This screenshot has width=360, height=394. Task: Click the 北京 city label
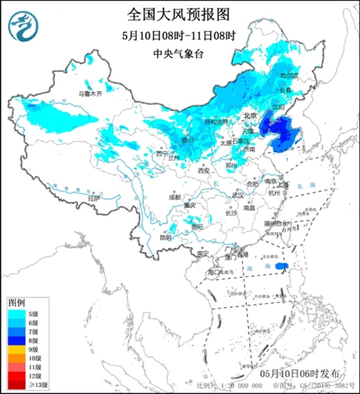point(250,115)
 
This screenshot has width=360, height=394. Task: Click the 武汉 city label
point(237,195)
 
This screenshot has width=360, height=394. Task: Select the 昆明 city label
point(165,237)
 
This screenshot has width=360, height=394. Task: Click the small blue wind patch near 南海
point(281,267)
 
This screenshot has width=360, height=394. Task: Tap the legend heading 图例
point(17,303)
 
